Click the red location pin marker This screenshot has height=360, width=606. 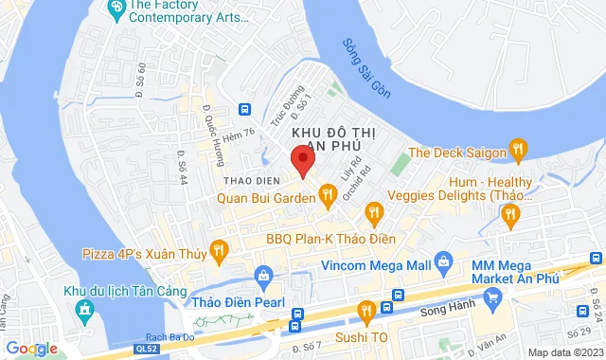point(301,159)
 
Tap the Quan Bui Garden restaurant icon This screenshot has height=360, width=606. point(328,196)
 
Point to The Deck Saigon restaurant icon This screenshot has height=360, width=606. point(518,150)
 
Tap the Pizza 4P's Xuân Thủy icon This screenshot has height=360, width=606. point(219,251)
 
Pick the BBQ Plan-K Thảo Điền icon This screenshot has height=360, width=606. point(374,213)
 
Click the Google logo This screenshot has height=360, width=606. point(30,349)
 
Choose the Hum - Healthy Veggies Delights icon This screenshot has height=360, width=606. point(511,216)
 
